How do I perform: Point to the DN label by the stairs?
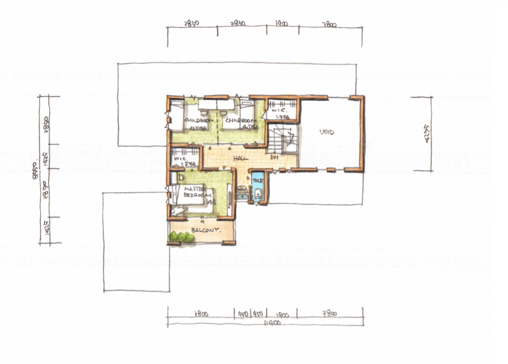[273, 158]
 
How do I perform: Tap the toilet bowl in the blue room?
[258, 193]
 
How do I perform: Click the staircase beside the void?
[283, 138]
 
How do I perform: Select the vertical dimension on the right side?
[426, 133]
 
